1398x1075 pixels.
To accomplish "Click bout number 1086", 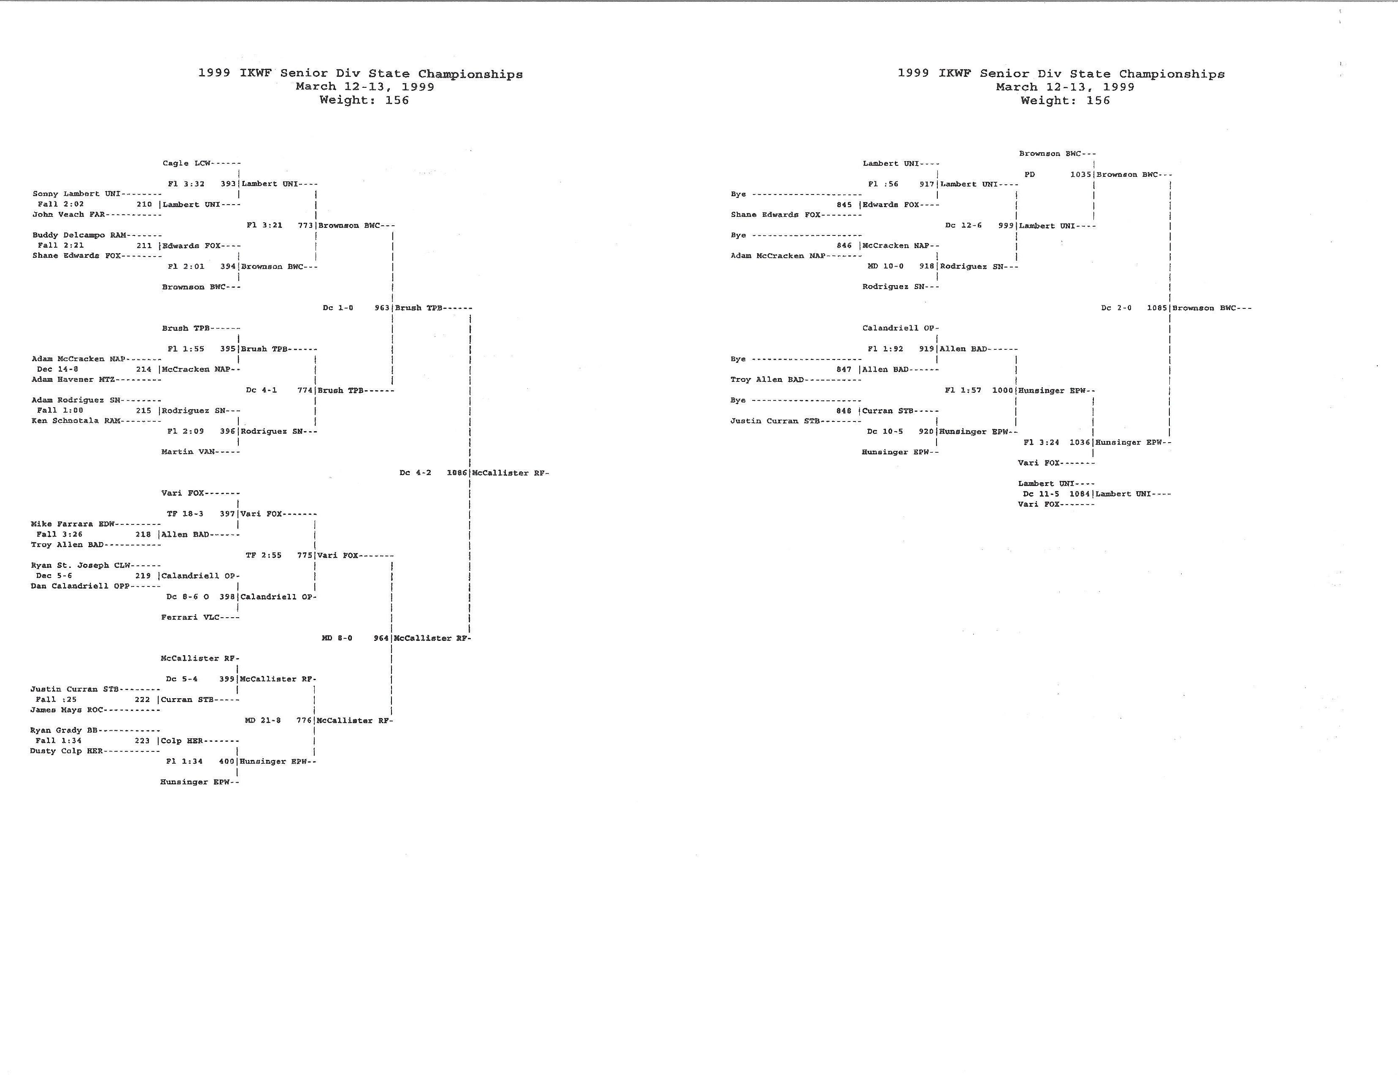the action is tap(457, 473).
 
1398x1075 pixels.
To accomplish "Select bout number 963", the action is tap(382, 308).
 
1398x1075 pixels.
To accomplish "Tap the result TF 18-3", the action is tap(185, 514).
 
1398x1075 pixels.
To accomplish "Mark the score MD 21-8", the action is tap(262, 721).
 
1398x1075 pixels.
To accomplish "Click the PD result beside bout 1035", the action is tap(1029, 174).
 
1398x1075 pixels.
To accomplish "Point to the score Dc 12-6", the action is tap(963, 225).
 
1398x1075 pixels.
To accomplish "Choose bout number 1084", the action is tap(1080, 494).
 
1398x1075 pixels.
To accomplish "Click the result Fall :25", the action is tap(56, 700).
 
